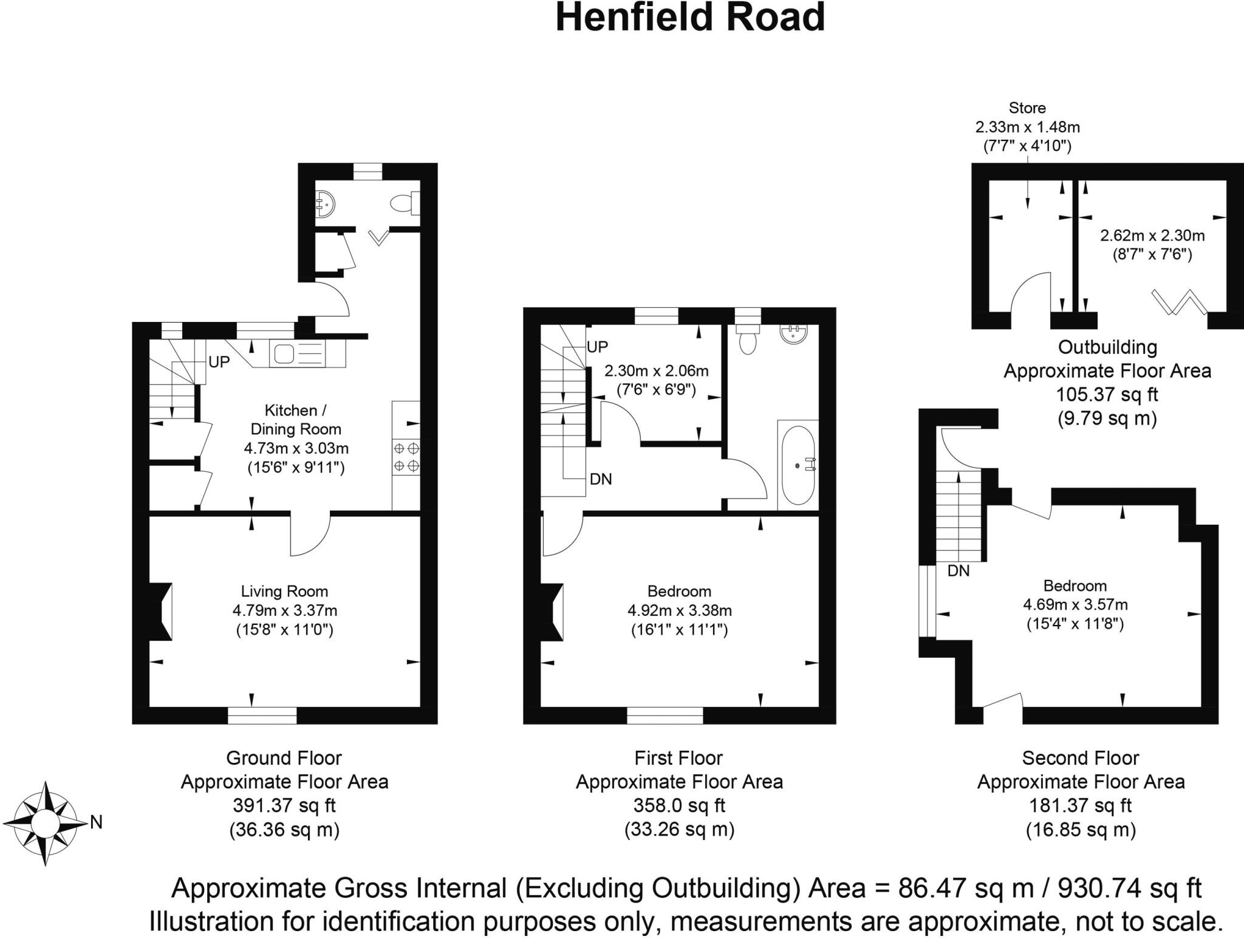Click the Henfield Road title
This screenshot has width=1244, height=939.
point(690,18)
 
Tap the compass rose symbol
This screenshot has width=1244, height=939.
point(44,824)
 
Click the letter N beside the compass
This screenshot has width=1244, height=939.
point(96,822)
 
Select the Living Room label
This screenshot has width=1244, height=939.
point(284,591)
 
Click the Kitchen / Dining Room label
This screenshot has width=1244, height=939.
point(296,420)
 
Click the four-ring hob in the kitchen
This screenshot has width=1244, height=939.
point(406,457)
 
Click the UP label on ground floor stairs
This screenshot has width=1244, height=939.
point(219,362)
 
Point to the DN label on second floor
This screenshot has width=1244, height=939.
point(959,571)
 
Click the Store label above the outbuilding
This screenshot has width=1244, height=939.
point(1027,108)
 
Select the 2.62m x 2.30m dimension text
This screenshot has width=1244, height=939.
point(1152,235)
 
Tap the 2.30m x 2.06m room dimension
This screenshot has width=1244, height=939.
point(656,370)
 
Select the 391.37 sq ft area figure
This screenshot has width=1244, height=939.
point(284,805)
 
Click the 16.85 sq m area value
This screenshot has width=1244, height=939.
point(1081,830)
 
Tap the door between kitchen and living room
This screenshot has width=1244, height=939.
point(310,534)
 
